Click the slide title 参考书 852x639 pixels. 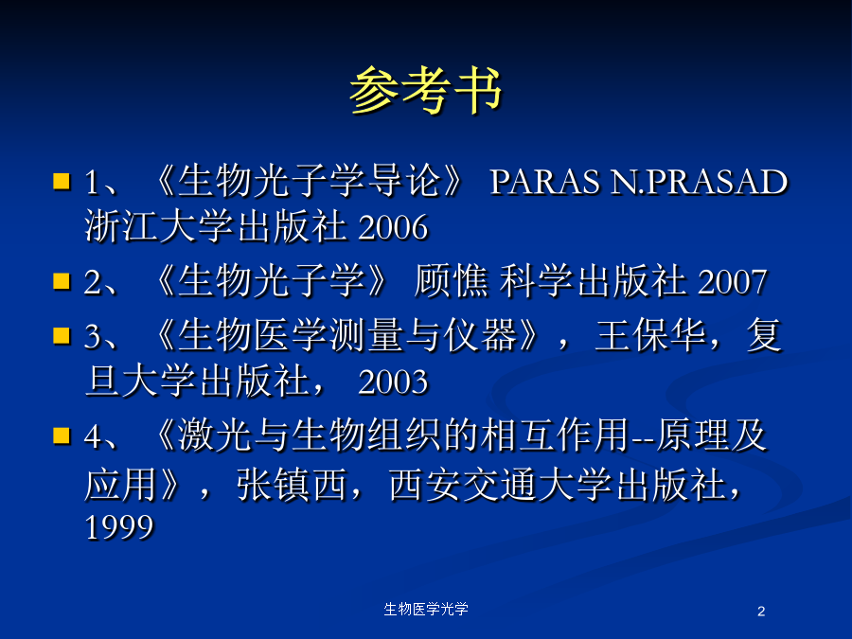pyautogui.click(x=425, y=90)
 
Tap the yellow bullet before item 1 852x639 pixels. pyautogui.click(x=62, y=181)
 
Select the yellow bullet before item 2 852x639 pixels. pyautogui.click(x=62, y=281)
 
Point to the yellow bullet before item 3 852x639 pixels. pyautogui.click(x=62, y=336)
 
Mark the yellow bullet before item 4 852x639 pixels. pyautogui.click(x=62, y=435)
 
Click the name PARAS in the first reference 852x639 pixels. pyautogui.click(x=545, y=182)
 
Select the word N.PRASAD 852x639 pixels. pyautogui.click(x=699, y=182)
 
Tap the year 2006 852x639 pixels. pyautogui.click(x=393, y=227)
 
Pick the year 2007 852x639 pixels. pyautogui.click(x=732, y=282)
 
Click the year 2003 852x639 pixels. pyautogui.click(x=393, y=382)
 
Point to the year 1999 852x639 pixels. pyautogui.click(x=119, y=527)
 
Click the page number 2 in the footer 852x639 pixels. pyautogui.click(x=761, y=612)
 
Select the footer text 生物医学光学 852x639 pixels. pyautogui.click(x=426, y=609)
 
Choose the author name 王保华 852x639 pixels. pyautogui.click(x=650, y=336)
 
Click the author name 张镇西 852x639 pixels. pyautogui.click(x=292, y=485)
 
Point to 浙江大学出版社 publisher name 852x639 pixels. pyautogui.click(x=216, y=227)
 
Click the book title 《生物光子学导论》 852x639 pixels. pyautogui.click(x=309, y=181)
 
